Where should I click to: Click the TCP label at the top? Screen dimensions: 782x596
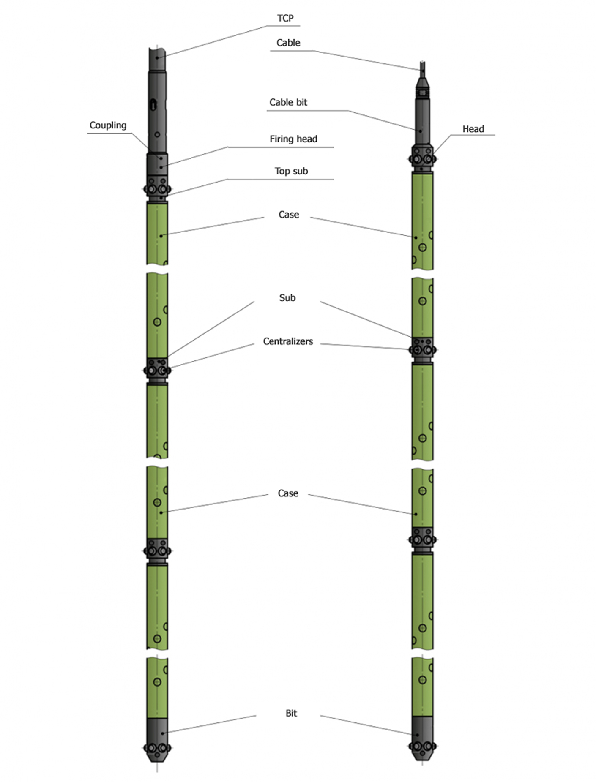tap(285, 18)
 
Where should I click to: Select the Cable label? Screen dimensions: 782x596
tap(288, 43)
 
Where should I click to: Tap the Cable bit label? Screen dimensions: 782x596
tap(288, 102)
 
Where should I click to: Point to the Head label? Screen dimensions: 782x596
tap(473, 129)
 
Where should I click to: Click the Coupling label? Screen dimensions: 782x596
tap(108, 125)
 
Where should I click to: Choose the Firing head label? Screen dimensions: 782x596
tap(293, 139)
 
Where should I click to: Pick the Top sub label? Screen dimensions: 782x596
tap(291, 171)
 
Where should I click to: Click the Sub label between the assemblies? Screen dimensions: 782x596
tap(287, 298)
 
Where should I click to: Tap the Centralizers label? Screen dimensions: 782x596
tap(288, 341)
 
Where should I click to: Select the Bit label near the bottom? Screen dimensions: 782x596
tap(291, 713)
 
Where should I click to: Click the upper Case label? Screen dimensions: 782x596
tap(289, 215)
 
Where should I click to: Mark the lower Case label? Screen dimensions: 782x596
tap(288, 493)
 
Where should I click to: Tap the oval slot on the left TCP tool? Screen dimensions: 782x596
tap(154, 104)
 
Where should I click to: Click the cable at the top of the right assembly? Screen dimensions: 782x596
tap(423, 68)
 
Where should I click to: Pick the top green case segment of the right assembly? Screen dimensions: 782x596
tap(422, 220)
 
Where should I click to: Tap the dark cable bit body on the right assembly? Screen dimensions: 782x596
tap(422, 123)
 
